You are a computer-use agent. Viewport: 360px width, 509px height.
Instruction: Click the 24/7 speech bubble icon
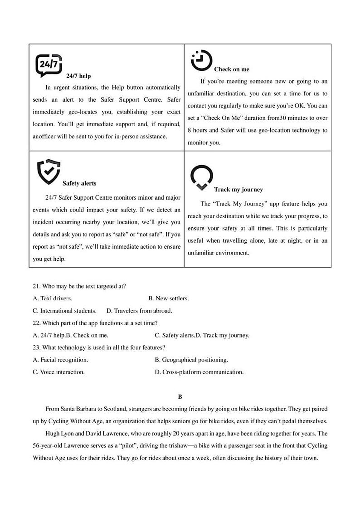point(49,65)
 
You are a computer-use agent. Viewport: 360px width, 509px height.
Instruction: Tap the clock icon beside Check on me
point(201,60)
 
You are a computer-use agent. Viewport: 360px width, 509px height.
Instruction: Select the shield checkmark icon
point(48,171)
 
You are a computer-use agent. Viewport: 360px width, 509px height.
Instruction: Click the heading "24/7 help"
point(78,76)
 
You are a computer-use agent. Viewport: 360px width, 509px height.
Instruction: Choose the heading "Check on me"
point(231,69)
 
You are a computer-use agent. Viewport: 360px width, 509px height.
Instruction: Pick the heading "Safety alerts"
point(79,183)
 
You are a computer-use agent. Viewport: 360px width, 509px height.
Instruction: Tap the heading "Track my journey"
point(238,190)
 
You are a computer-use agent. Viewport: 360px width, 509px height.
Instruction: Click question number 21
point(37,286)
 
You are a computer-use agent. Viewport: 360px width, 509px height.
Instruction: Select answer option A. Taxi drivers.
point(53,299)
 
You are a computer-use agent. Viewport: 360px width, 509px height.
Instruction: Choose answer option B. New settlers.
point(169,299)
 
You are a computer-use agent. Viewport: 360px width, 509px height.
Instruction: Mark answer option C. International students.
point(65,311)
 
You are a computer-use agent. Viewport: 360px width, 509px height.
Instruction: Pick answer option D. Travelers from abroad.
point(139,311)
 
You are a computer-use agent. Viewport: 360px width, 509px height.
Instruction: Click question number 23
point(37,347)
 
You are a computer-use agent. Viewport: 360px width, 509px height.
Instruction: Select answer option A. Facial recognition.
point(61,360)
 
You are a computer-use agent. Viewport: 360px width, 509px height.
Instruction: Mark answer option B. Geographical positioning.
point(191,360)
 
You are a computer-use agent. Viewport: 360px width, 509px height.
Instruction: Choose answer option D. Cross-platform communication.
point(199,372)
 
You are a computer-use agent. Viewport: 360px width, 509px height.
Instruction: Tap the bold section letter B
point(180,396)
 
